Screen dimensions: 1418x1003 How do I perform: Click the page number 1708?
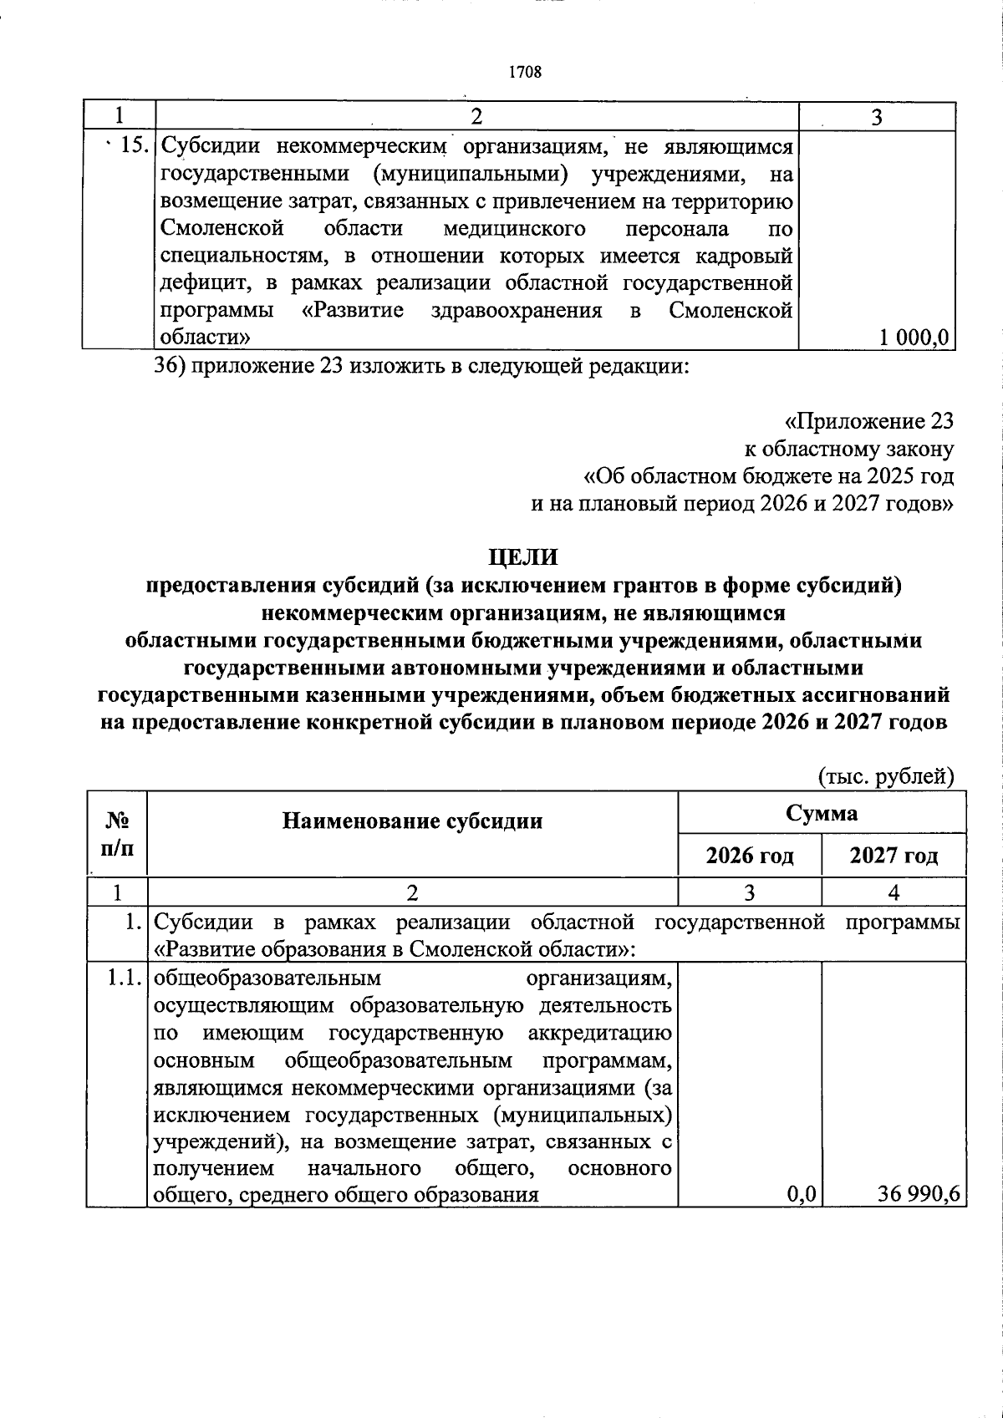(x=526, y=72)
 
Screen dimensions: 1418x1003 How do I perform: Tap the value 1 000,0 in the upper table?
(x=914, y=337)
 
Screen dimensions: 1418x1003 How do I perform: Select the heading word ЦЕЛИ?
(x=523, y=557)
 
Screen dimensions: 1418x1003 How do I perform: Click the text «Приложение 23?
(x=868, y=420)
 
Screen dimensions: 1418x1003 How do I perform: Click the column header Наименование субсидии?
(x=412, y=821)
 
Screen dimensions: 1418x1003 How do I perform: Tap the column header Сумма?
(x=821, y=812)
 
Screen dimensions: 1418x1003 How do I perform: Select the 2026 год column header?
(x=749, y=856)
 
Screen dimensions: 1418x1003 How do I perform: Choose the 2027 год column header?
(x=894, y=856)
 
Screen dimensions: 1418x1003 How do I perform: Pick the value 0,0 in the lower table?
(x=801, y=1194)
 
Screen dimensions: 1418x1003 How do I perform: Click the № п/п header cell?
(x=116, y=834)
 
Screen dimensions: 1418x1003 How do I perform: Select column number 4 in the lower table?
(x=894, y=892)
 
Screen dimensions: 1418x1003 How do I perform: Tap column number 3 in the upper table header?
(x=877, y=118)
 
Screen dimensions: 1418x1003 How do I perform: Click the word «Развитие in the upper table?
(x=352, y=311)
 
